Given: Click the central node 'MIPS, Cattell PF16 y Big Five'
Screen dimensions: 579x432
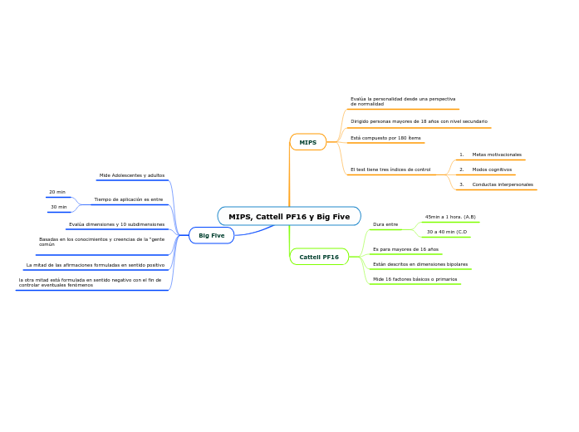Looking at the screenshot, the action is (289, 217).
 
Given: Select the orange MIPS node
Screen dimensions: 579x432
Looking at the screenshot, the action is (307, 142).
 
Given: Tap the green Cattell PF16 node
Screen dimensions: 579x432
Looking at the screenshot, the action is (319, 258).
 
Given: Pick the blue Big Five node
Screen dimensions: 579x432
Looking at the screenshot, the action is (211, 236).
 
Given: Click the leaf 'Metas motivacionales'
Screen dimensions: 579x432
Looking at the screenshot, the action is (496, 155).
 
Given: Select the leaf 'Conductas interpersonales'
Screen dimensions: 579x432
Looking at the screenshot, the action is (502, 184).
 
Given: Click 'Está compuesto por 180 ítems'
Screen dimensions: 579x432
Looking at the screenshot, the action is (385, 138).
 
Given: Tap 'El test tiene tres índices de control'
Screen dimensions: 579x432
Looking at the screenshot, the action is (390, 169).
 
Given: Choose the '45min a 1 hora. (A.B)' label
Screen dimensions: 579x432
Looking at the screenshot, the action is (450, 217).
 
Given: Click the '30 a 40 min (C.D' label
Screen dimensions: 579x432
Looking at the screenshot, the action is (447, 232).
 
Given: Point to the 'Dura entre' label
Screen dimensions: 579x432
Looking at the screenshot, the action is (385, 224).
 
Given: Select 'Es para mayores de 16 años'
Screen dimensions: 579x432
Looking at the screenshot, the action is (405, 249).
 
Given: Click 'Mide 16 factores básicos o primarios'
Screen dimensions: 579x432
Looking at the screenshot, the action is (415, 279).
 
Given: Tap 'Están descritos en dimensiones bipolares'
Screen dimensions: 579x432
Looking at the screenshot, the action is (420, 264).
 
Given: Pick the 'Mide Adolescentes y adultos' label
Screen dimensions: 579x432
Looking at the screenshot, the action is (132, 175).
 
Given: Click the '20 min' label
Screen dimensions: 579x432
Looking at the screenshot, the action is (57, 192).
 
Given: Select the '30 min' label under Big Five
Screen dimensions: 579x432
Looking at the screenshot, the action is (58, 207).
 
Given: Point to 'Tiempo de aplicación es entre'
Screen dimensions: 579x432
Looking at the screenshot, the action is (129, 199).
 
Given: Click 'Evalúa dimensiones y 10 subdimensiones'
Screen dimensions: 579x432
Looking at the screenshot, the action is (116, 224).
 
